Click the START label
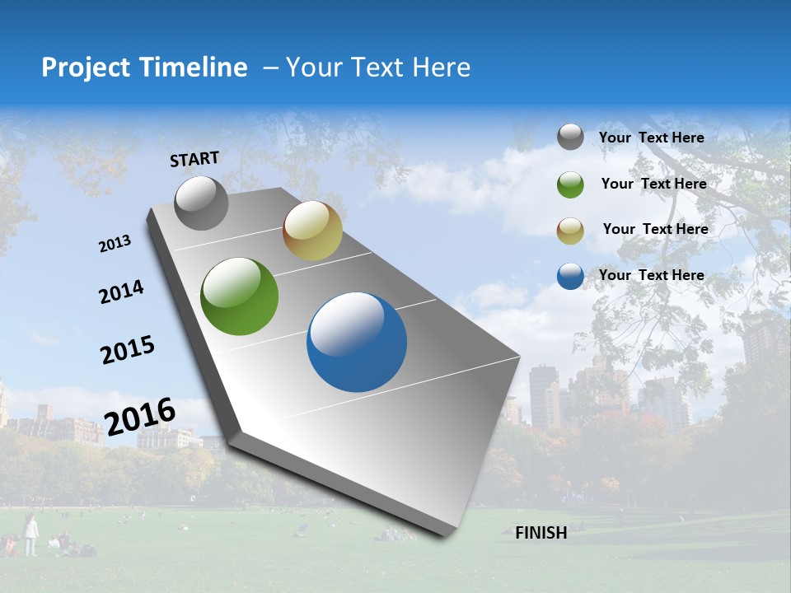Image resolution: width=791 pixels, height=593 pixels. click(194, 159)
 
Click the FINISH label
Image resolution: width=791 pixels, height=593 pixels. click(541, 533)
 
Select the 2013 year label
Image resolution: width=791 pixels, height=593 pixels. click(115, 244)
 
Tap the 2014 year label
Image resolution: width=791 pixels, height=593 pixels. click(121, 292)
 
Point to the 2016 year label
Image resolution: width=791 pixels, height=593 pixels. click(140, 417)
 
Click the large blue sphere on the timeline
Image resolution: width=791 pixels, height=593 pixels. click(357, 342)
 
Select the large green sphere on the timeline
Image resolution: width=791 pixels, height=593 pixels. click(240, 296)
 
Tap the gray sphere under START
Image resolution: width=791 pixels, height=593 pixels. click(201, 203)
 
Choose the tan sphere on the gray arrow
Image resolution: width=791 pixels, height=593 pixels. click(312, 231)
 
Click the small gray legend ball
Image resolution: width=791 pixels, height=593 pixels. click(570, 138)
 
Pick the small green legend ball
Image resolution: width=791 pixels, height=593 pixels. click(570, 184)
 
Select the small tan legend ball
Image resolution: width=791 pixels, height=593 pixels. click(570, 231)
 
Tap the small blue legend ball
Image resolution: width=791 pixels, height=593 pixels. click(570, 276)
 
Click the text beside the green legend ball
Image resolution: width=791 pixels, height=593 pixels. click(653, 184)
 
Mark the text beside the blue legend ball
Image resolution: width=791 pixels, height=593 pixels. click(651, 275)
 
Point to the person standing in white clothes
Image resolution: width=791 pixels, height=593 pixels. click(30, 535)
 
